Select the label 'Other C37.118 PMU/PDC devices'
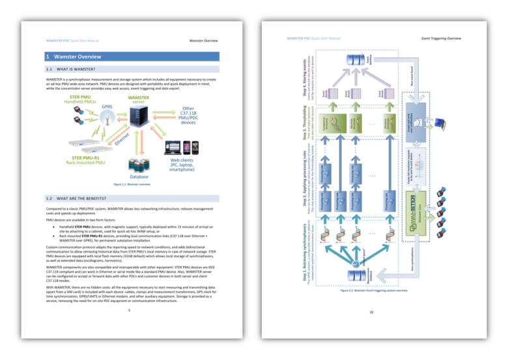coord(188,115)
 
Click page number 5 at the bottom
coord(130,310)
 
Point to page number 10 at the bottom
coord(371,312)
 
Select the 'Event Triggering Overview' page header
coord(441,38)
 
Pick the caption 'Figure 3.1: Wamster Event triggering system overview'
coord(374,290)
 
